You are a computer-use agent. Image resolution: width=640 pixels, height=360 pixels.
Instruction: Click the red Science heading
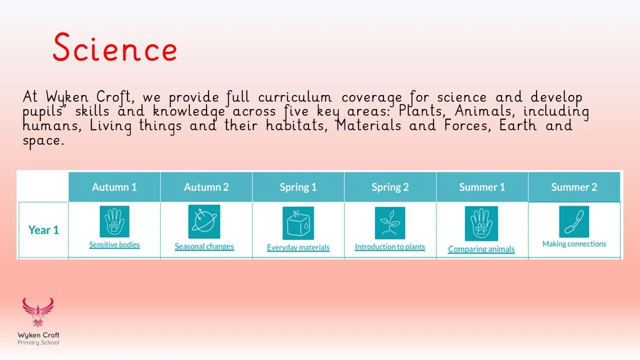[115, 48]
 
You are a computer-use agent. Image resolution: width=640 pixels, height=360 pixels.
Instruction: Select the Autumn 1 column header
[114, 187]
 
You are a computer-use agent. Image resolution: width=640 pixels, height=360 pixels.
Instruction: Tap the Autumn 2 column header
[206, 187]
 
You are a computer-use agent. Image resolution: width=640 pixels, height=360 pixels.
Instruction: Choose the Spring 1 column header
[298, 187]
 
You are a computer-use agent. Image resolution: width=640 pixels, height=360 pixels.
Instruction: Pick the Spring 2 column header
[390, 187]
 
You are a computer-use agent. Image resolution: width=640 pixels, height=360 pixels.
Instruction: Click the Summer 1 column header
[482, 187]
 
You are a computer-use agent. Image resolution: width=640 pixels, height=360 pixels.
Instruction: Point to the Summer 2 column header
[574, 187]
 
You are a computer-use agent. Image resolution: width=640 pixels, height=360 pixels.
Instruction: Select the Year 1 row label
[43, 230]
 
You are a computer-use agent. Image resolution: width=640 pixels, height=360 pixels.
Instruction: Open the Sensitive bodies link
[114, 245]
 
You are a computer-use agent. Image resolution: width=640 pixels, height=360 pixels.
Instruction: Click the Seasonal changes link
[204, 246]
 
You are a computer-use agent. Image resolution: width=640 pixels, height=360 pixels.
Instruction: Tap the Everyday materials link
[298, 247]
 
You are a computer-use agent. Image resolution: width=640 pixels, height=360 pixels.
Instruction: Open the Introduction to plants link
[390, 246]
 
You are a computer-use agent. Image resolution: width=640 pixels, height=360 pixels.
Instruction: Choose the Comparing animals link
[481, 249]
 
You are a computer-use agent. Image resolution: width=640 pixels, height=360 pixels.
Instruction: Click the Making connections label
[574, 244]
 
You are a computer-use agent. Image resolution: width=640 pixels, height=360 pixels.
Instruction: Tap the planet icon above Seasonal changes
[204, 221]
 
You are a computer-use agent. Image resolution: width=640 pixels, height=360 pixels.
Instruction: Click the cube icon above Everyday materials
[298, 223]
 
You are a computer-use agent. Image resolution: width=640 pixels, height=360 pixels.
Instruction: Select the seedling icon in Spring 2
[390, 223]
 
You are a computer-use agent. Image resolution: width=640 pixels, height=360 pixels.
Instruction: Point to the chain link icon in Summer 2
[574, 221]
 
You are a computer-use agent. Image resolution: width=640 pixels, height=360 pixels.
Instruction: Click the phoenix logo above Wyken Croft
[37, 313]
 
